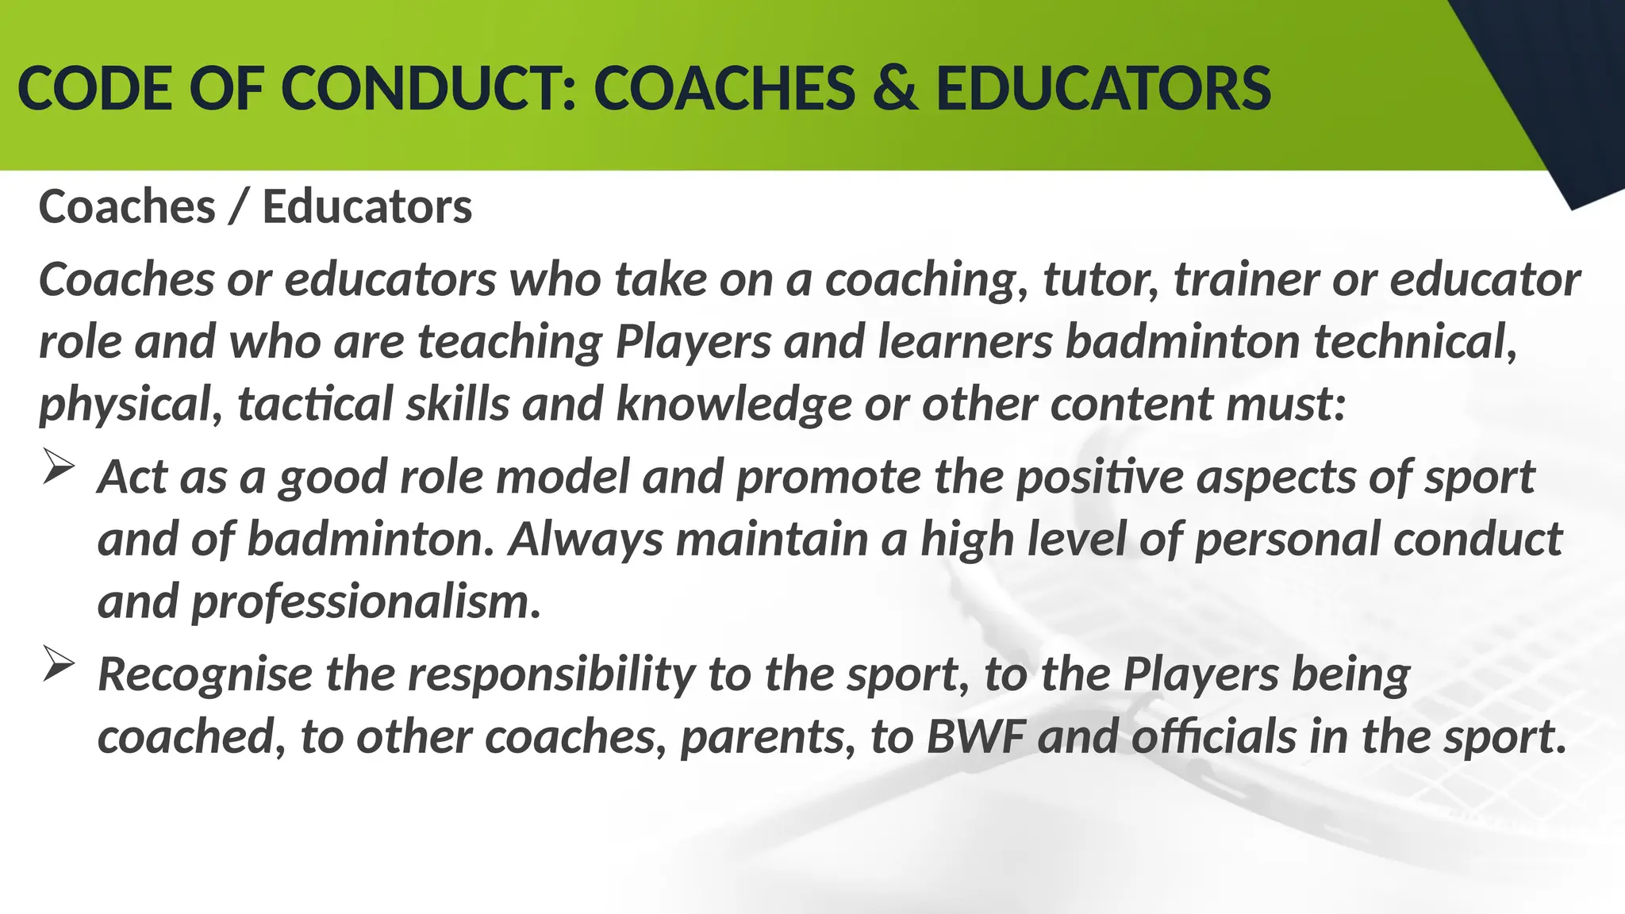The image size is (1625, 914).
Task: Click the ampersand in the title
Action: pos(895,88)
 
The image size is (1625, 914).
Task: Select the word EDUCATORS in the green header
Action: pos(1103,88)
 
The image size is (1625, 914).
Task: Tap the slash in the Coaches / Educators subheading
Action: pos(238,208)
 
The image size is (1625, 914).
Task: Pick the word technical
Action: pos(1415,342)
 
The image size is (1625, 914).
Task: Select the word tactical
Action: pos(315,404)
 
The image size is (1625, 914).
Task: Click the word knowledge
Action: pos(734,404)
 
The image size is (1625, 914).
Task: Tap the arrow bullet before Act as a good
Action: pos(58,466)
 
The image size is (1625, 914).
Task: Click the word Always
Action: pos(586,540)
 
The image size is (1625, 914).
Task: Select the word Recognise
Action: pos(205,675)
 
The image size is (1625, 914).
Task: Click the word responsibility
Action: pos(551,675)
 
